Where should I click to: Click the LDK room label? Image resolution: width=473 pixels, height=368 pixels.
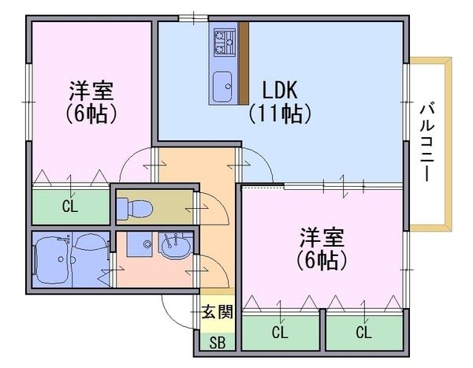coord(280,90)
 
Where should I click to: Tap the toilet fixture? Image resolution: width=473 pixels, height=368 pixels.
coord(135,208)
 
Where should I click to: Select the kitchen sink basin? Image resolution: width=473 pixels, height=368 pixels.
coord(222,87)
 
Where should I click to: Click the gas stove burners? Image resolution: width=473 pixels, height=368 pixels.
coord(225,42)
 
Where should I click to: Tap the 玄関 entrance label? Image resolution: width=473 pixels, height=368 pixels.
coord(218,311)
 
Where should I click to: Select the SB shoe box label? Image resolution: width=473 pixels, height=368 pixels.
coord(218,343)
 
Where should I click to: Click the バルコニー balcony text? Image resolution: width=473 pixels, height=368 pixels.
coord(426,143)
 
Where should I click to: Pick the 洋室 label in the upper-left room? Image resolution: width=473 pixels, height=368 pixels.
coord(91,91)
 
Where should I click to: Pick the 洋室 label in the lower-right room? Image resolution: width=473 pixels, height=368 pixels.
coord(322,237)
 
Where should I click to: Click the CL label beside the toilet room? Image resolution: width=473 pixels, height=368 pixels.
coord(70,206)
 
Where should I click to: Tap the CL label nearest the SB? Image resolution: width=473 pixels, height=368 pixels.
coord(280,333)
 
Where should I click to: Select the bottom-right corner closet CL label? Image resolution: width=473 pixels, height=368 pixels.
coord(363,333)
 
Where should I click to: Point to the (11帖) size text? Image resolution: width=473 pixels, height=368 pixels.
coord(280,113)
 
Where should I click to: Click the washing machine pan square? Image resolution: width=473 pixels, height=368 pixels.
coord(140,244)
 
